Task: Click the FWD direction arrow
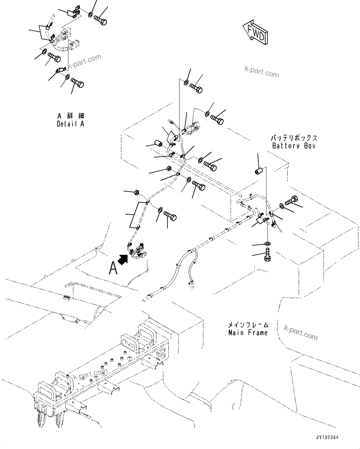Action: click(x=256, y=33)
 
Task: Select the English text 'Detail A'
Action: click(x=70, y=124)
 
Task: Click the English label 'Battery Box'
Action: click(x=294, y=146)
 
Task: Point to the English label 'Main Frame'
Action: click(x=248, y=333)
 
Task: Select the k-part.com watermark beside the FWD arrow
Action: click(x=262, y=72)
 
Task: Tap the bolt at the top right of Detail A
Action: click(x=101, y=14)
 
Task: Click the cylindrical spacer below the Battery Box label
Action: click(x=259, y=171)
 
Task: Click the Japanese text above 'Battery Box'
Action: click(x=294, y=138)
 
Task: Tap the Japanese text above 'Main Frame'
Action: click(x=248, y=325)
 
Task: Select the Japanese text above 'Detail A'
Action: click(x=71, y=116)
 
